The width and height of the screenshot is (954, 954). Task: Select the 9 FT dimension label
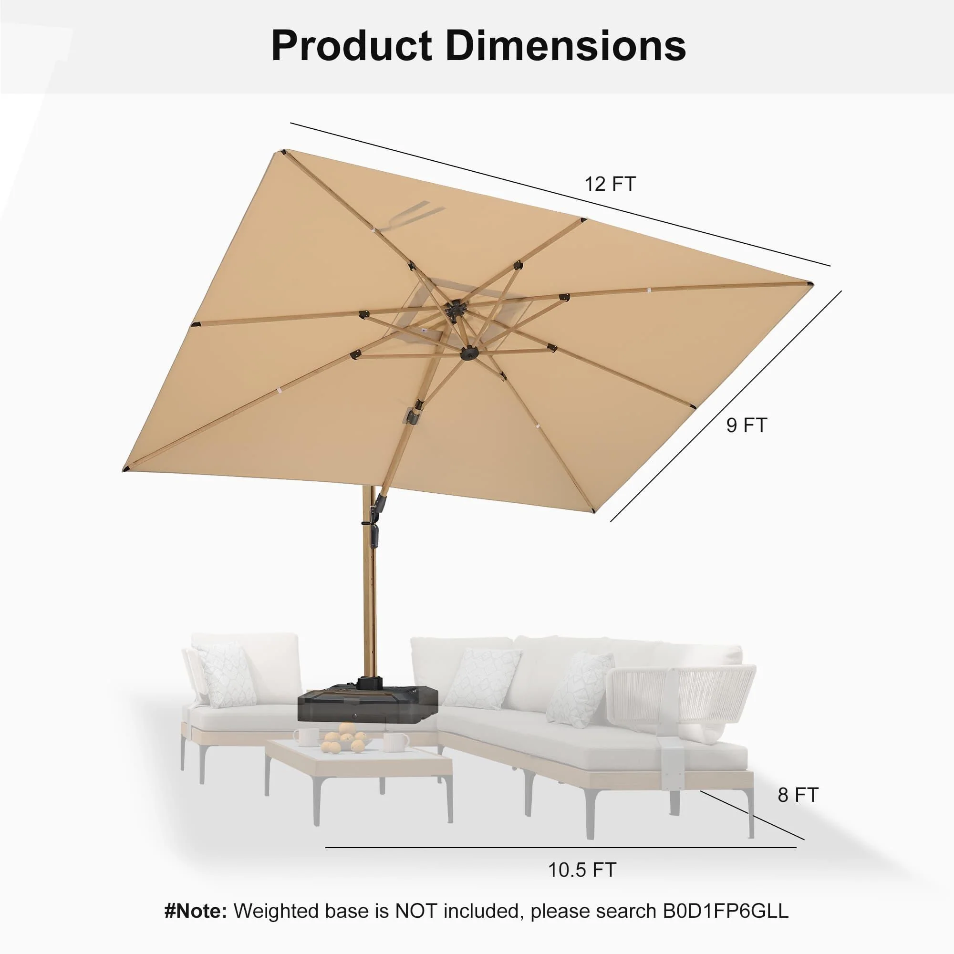click(746, 425)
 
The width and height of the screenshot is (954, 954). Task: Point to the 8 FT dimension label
click(798, 795)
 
